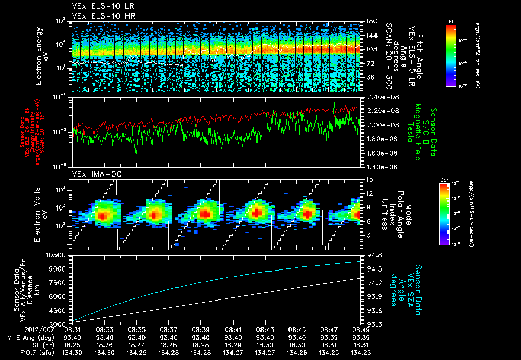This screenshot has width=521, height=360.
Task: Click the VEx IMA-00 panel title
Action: [x=91, y=174]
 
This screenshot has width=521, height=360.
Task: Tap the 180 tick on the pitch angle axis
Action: [x=371, y=21]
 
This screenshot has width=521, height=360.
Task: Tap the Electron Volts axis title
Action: [x=41, y=214]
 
